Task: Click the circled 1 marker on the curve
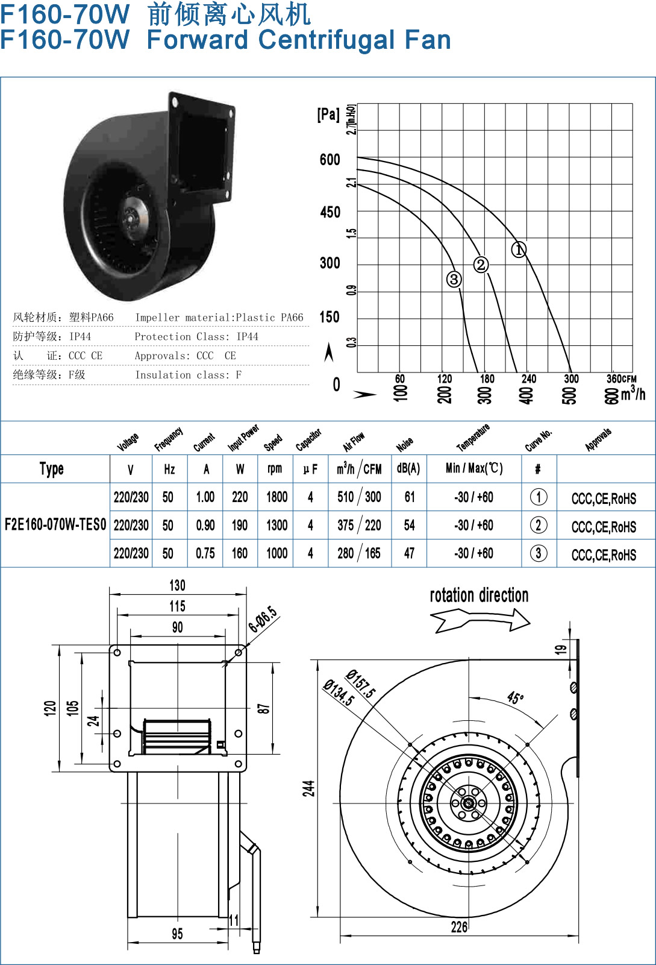519,250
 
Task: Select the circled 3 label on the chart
454,279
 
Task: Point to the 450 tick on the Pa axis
330,212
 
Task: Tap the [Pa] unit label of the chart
328,114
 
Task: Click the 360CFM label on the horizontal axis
621,379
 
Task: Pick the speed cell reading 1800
276,497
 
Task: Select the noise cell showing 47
410,553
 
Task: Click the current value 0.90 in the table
205,525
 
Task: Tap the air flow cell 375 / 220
359,525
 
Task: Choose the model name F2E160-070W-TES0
55,524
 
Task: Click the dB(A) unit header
408,468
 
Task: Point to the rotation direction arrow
481,620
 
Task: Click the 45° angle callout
515,697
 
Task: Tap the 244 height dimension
309,788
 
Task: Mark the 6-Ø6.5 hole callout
263,619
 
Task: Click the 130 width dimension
177,585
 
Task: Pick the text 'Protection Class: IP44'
196,336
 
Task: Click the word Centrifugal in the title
326,40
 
